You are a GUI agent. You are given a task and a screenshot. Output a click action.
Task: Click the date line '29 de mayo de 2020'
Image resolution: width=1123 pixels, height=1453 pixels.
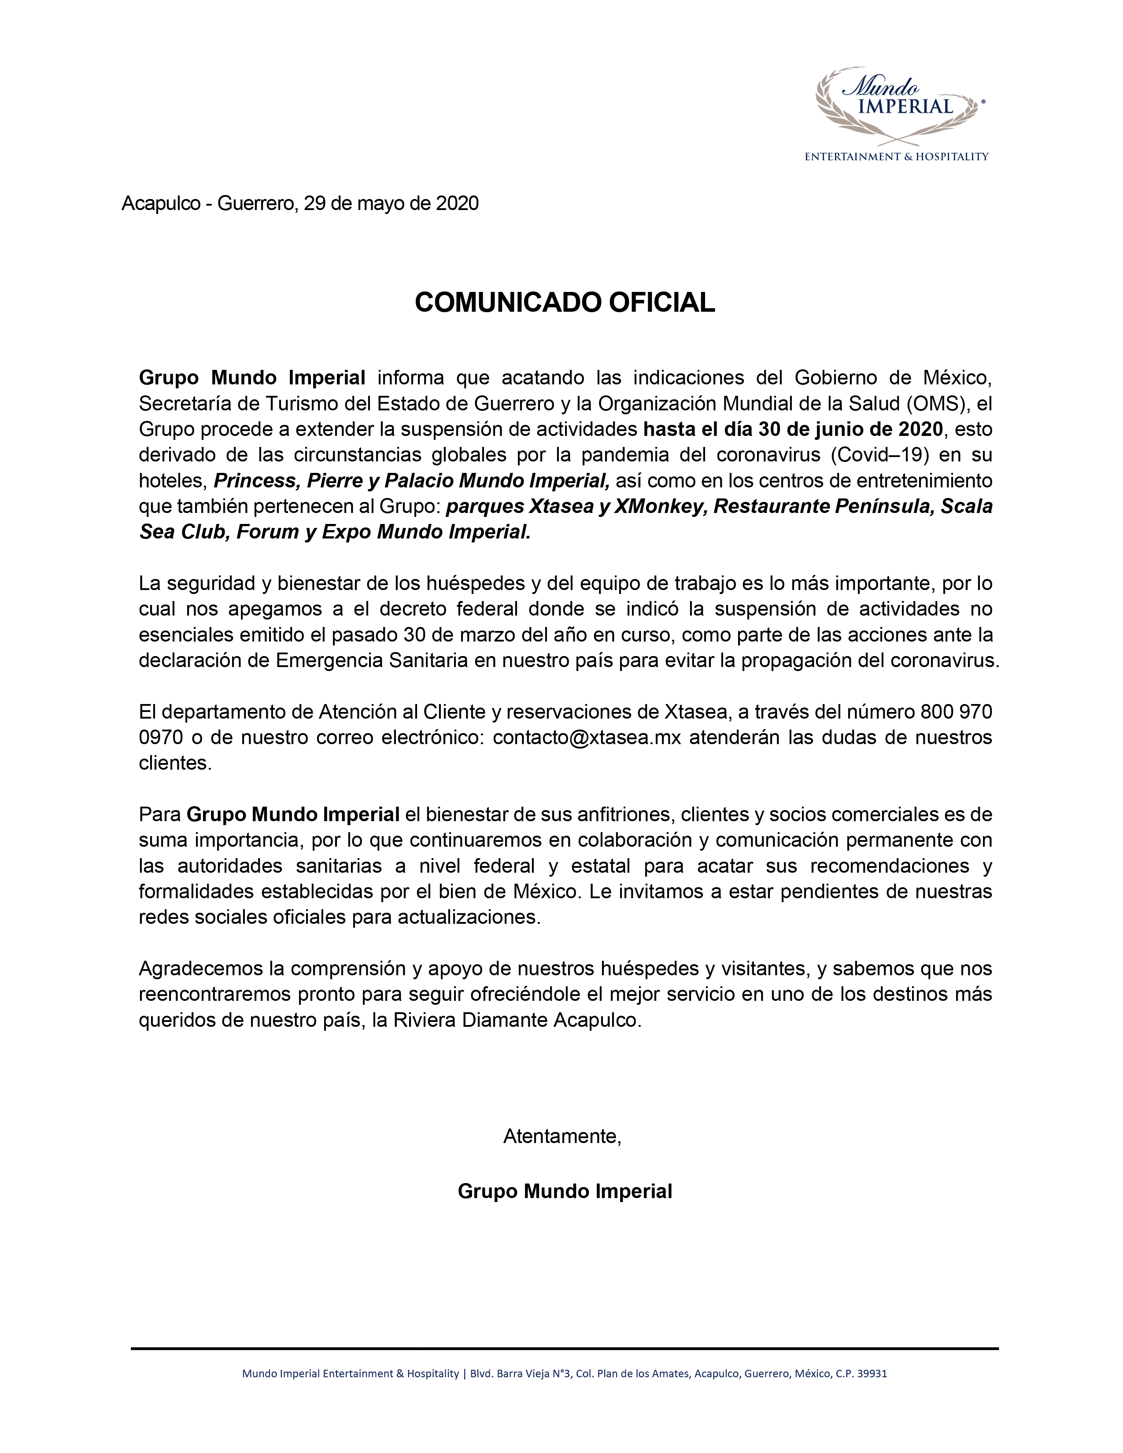tap(391, 203)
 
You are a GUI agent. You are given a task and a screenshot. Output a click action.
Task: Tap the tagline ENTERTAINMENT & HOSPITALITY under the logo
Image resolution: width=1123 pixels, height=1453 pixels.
tap(896, 157)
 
